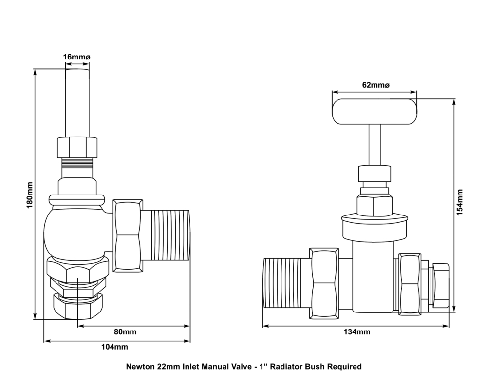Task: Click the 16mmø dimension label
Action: [77, 57]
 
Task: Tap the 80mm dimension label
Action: [125, 332]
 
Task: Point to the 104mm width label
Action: [117, 347]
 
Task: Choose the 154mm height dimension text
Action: [460, 201]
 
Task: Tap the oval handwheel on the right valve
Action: [375, 111]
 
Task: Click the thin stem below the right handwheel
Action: [375, 145]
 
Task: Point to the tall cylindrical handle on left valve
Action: [77, 102]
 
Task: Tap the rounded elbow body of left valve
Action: [73, 233]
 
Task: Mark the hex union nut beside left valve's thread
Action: [128, 235]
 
